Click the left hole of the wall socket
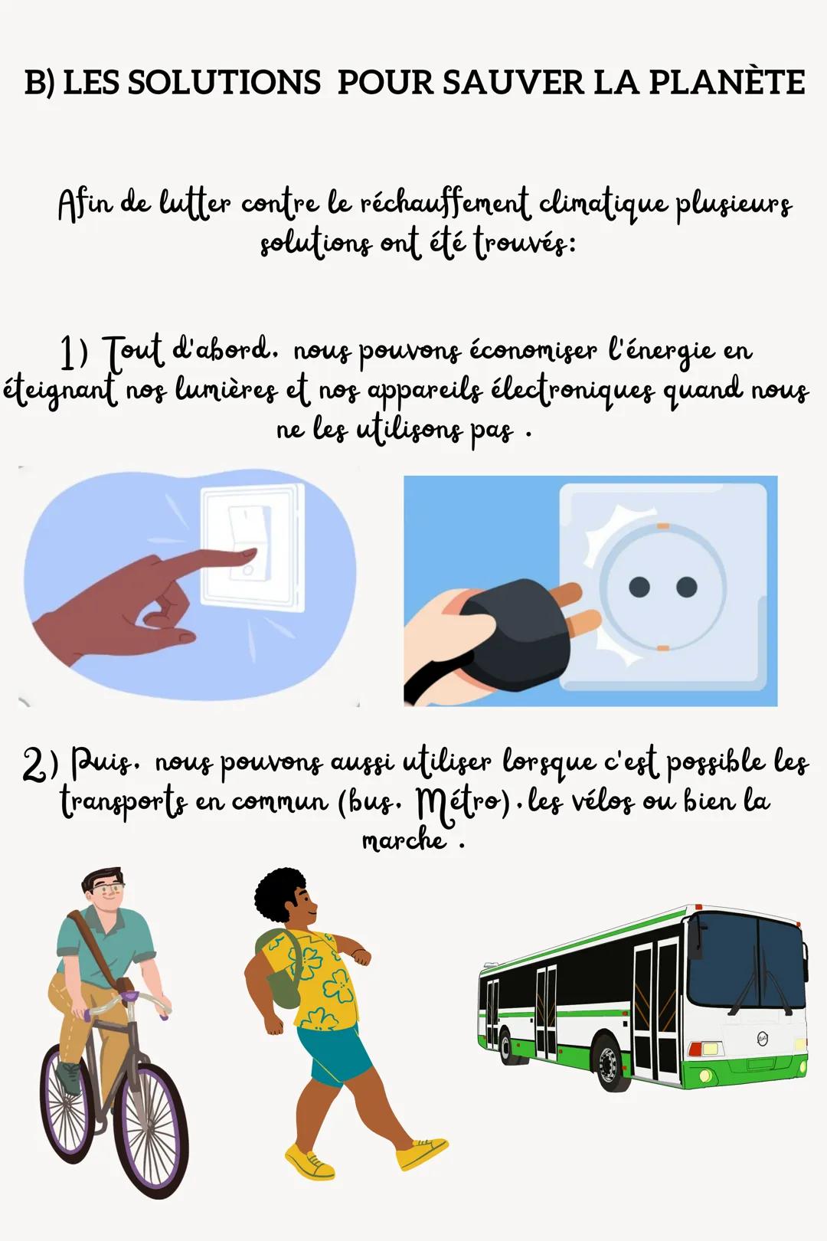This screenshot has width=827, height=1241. point(639,588)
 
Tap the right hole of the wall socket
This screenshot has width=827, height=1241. point(687,588)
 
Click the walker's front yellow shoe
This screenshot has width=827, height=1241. point(309,1161)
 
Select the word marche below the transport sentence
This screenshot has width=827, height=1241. point(404,841)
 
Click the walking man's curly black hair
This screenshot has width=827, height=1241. point(280,894)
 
